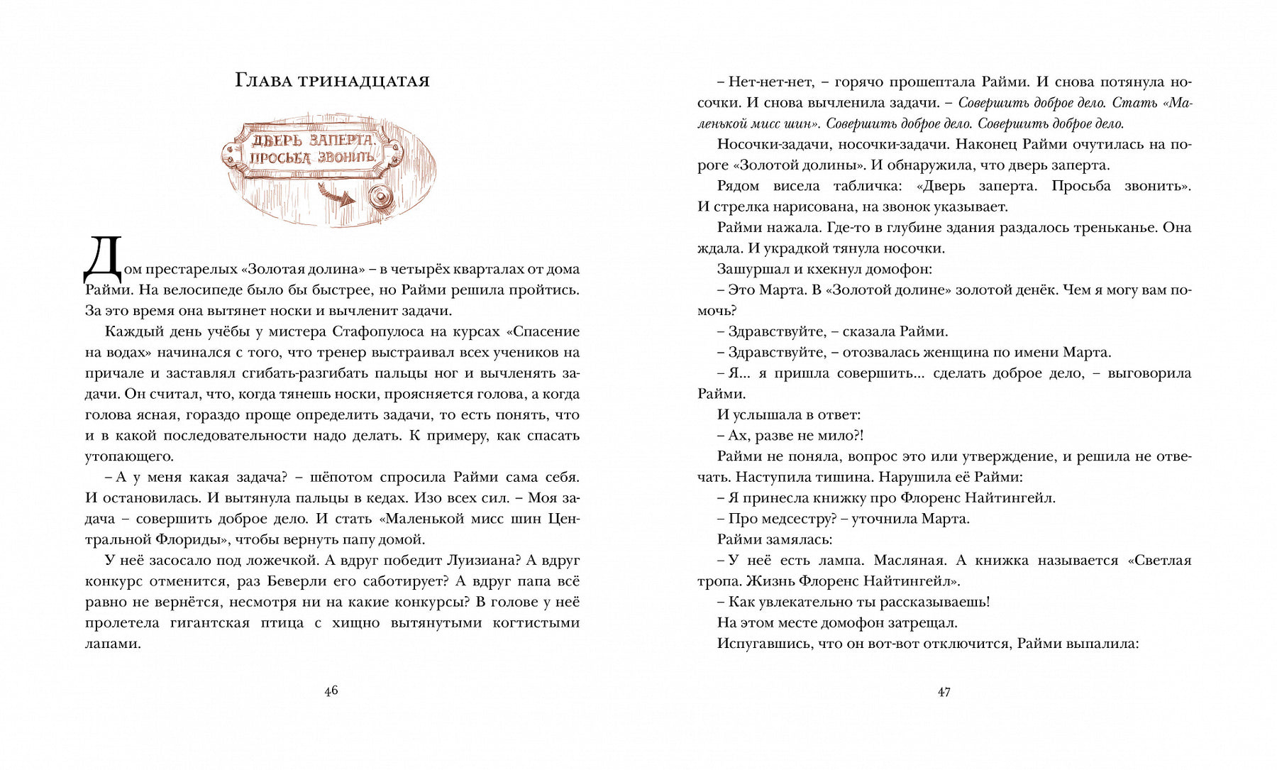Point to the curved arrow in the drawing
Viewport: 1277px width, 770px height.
tap(337, 194)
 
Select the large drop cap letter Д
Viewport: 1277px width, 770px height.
tap(103, 260)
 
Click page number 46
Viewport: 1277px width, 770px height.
tap(331, 691)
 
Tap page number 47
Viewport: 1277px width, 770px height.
tap(944, 692)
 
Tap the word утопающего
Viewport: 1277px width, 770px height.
tap(128, 456)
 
